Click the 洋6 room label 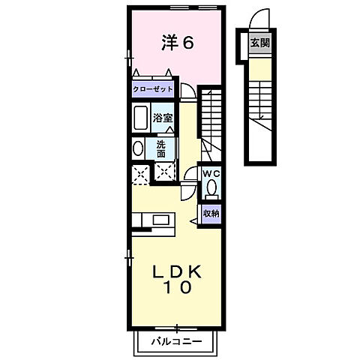[178, 43]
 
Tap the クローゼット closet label [153, 89]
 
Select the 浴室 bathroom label [163, 117]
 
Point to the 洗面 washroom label [163, 148]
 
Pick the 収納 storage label [211, 213]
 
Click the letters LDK [177, 271]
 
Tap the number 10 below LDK [177, 286]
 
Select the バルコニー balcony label [176, 341]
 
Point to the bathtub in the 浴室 [141, 118]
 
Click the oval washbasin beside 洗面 [138, 148]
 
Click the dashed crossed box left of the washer [139, 175]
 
